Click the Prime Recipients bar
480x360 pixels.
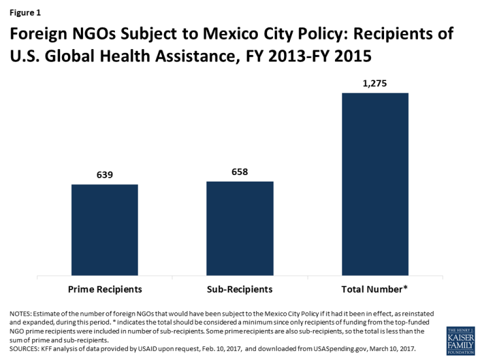[x=104, y=229]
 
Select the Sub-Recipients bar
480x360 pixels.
[x=240, y=228]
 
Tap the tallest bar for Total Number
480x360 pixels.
[x=375, y=184]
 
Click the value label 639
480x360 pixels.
[x=104, y=174]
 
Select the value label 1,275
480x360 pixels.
[x=375, y=83]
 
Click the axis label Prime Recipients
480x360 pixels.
[x=104, y=287]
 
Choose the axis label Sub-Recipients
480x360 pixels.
[x=240, y=287]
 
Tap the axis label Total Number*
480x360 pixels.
[x=375, y=287]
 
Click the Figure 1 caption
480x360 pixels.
[x=24, y=12]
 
